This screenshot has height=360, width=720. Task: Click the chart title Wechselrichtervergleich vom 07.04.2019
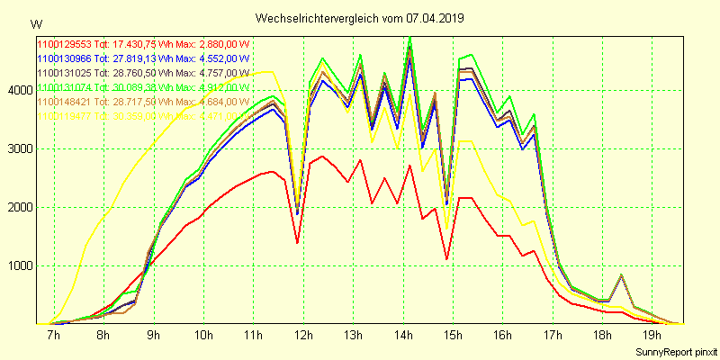[360, 18]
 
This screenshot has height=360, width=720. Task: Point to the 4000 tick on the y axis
[18, 90]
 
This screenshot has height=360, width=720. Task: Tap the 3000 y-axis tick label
[18, 148]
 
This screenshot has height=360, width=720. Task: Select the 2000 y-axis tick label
[18, 207]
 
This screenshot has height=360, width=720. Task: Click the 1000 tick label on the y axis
[18, 265]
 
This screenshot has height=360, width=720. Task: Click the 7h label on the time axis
[53, 336]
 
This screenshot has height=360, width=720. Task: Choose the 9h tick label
[154, 336]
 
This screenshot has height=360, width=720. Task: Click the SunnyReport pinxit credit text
[675, 352]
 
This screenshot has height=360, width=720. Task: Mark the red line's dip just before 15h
[446, 259]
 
